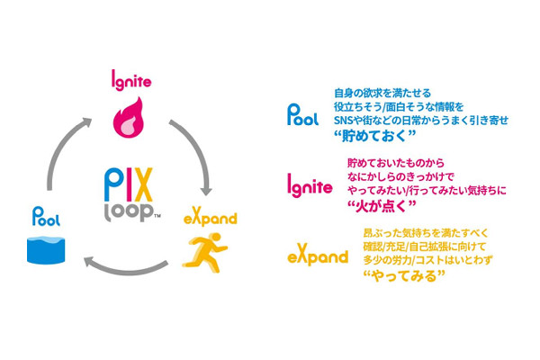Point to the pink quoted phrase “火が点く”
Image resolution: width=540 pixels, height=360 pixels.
click(381, 206)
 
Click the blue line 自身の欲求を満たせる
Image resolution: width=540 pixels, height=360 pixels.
click(382, 92)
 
